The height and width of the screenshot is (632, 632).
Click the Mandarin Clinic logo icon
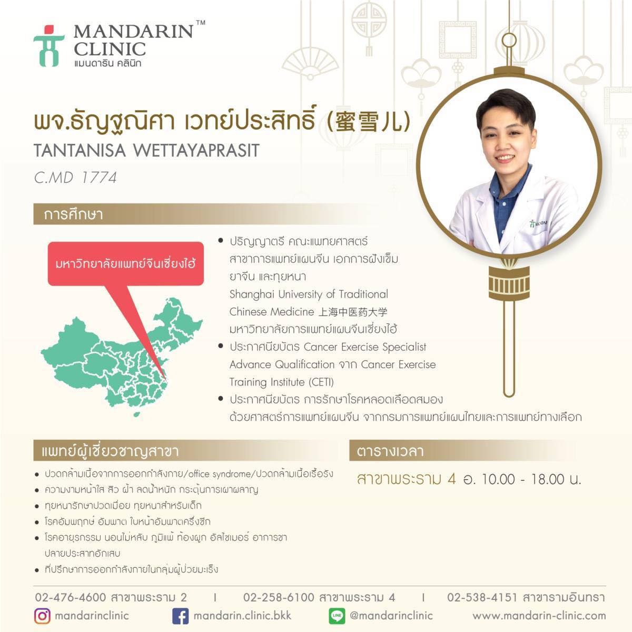[x=49, y=46]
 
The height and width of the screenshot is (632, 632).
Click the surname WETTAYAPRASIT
[x=196, y=151]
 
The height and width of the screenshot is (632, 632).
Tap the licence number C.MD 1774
[x=75, y=178]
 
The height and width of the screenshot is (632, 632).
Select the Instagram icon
[x=42, y=616]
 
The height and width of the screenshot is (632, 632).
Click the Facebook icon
[x=181, y=616]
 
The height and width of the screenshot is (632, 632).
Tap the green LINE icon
[x=337, y=616]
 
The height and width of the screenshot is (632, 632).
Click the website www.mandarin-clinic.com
[x=539, y=616]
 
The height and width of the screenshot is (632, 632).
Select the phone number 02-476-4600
[x=70, y=597]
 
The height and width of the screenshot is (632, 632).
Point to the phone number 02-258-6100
[x=279, y=597]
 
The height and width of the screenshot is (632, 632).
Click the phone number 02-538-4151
[x=482, y=597]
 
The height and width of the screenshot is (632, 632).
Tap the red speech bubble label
[x=126, y=264]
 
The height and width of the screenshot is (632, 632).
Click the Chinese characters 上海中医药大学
[x=353, y=312]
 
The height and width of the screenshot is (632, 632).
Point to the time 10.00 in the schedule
[x=498, y=479]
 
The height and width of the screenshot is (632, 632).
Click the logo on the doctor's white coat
[x=537, y=224]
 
